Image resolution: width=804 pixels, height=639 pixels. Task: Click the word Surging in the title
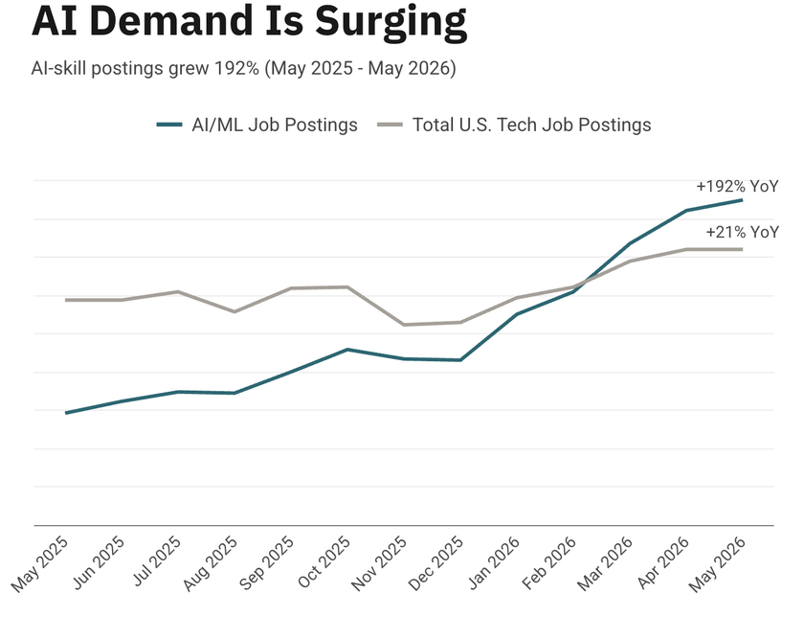point(391,22)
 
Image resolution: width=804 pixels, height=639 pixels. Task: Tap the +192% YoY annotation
point(737,186)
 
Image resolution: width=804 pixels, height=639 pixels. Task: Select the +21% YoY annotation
point(742,233)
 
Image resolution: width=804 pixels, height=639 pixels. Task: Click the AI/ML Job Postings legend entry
point(257,125)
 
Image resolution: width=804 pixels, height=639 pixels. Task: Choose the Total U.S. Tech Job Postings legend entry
point(514,125)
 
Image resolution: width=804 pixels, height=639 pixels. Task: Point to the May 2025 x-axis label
point(40,564)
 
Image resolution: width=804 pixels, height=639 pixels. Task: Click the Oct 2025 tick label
point(324,562)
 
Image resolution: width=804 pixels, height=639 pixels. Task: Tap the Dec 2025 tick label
point(436,563)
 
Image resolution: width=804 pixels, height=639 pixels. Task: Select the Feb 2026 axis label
point(549,563)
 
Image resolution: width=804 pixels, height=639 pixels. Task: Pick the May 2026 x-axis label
point(717,564)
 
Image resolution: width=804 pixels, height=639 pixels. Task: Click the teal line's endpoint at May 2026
point(742,200)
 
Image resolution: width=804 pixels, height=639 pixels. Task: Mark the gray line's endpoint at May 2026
point(742,249)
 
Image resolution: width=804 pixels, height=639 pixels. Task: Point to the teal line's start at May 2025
point(66,413)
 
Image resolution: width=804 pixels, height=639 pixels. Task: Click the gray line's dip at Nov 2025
point(404,325)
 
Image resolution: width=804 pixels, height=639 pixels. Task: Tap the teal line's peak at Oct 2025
point(347,350)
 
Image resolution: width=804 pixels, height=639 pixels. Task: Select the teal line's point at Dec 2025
point(460,360)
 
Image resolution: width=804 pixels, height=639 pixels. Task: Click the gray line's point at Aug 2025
point(234,311)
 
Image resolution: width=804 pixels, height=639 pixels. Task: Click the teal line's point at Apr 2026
point(686,211)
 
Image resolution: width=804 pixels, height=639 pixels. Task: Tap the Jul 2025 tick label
point(156,561)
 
